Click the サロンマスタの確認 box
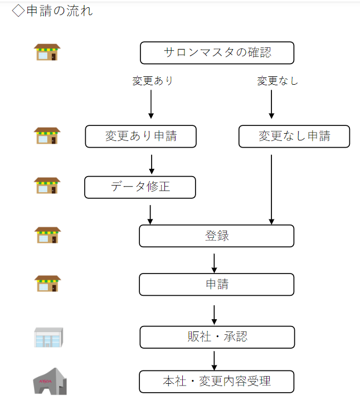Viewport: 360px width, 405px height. [216, 53]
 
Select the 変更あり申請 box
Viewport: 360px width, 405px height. [140, 136]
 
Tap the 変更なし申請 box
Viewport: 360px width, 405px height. [294, 136]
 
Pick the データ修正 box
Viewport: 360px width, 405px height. [140, 187]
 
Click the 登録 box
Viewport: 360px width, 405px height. [216, 236]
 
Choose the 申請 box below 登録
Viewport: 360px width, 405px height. [216, 284]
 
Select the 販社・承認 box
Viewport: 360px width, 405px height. [216, 336]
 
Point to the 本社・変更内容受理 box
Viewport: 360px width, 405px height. [216, 382]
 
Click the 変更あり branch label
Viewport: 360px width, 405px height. [152, 81]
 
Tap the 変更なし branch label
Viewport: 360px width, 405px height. [277, 81]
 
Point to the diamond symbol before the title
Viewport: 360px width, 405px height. [18, 11]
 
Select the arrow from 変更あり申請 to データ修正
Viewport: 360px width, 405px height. [152, 164]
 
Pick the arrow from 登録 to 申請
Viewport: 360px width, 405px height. [215, 262]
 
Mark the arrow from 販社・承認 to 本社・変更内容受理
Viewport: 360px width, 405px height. [215, 359]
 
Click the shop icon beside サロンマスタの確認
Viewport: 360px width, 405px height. [47, 52]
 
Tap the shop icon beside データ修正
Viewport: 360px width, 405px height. [47, 186]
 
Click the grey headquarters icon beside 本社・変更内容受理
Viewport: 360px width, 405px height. [49, 382]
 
